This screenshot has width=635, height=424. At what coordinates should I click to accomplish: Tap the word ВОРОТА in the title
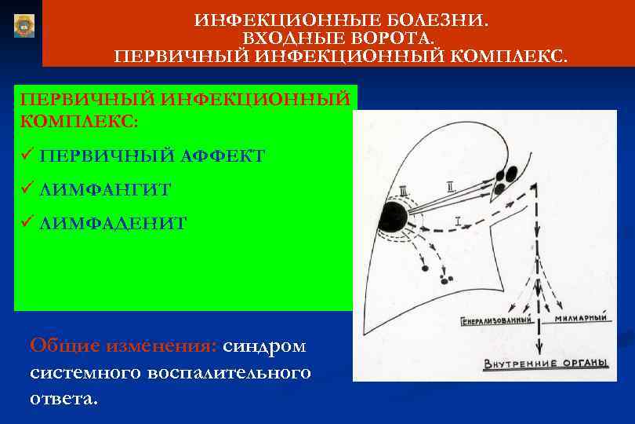pos(392,38)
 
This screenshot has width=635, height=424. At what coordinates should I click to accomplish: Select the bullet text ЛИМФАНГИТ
pos(105,189)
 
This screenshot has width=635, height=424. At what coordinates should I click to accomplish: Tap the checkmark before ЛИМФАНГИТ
pos(26,189)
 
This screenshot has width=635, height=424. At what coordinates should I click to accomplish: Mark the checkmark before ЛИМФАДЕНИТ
pos(26,223)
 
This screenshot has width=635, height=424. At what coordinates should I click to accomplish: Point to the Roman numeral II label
pos(449,187)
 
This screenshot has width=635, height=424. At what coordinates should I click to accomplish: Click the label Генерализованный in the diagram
pos(497,321)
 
